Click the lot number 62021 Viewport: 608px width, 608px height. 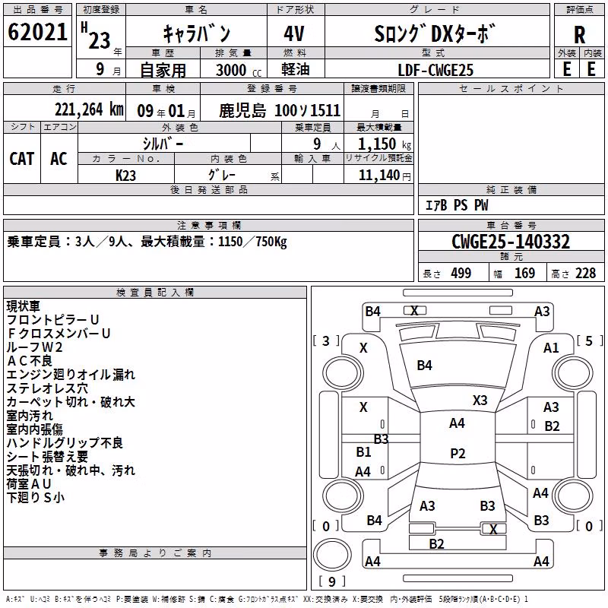point(37,32)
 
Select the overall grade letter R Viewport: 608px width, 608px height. point(579,35)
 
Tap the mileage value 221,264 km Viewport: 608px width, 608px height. point(89,109)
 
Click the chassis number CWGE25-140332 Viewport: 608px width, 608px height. point(511,242)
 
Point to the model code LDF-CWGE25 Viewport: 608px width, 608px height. point(435,70)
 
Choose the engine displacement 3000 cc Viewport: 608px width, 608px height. point(239,70)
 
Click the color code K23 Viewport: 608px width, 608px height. point(125,176)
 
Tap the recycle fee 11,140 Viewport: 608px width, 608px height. point(385,176)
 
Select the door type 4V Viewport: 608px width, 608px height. point(294,33)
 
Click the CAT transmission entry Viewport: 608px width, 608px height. point(22,159)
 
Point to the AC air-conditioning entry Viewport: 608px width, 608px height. point(59,159)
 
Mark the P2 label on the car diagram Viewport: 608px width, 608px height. point(458,453)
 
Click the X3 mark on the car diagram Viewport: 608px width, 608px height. point(480,401)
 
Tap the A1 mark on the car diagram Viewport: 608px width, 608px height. point(551,348)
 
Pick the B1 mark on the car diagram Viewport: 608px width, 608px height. point(363,451)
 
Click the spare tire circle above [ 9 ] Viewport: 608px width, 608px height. point(332,555)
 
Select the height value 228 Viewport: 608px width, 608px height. point(585,274)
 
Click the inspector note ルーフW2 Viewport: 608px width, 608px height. point(34,347)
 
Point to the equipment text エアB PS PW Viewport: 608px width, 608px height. point(457,205)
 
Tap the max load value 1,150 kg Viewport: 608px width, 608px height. point(385,144)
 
